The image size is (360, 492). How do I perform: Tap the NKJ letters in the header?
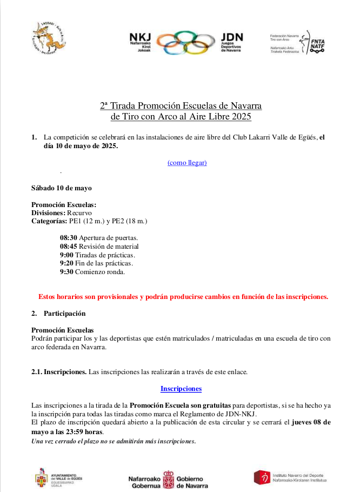pyautogui.click(x=140, y=37)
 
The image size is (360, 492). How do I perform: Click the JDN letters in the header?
pyautogui.click(x=232, y=37)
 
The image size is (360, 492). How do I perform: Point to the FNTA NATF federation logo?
pyautogui.click(x=317, y=42)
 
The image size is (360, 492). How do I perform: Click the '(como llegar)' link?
pyautogui.click(x=187, y=162)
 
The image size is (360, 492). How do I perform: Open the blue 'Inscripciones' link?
pyautogui.click(x=181, y=388)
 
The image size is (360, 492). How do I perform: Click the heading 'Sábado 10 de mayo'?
pyautogui.click(x=62, y=188)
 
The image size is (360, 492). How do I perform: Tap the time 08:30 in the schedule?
pyautogui.click(x=68, y=237)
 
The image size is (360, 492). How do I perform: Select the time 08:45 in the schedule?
pyautogui.click(x=68, y=246)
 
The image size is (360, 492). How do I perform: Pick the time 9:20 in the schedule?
pyautogui.click(x=66, y=263)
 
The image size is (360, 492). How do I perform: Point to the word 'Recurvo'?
pyautogui.click(x=79, y=213)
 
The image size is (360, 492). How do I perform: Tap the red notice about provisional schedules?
pyautogui.click(x=183, y=296)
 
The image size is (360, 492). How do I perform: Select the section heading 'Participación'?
pyautogui.click(x=64, y=313)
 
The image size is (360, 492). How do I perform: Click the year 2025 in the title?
pyautogui.click(x=241, y=116)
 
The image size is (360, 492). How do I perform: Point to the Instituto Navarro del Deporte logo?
pyautogui.click(x=263, y=477)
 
